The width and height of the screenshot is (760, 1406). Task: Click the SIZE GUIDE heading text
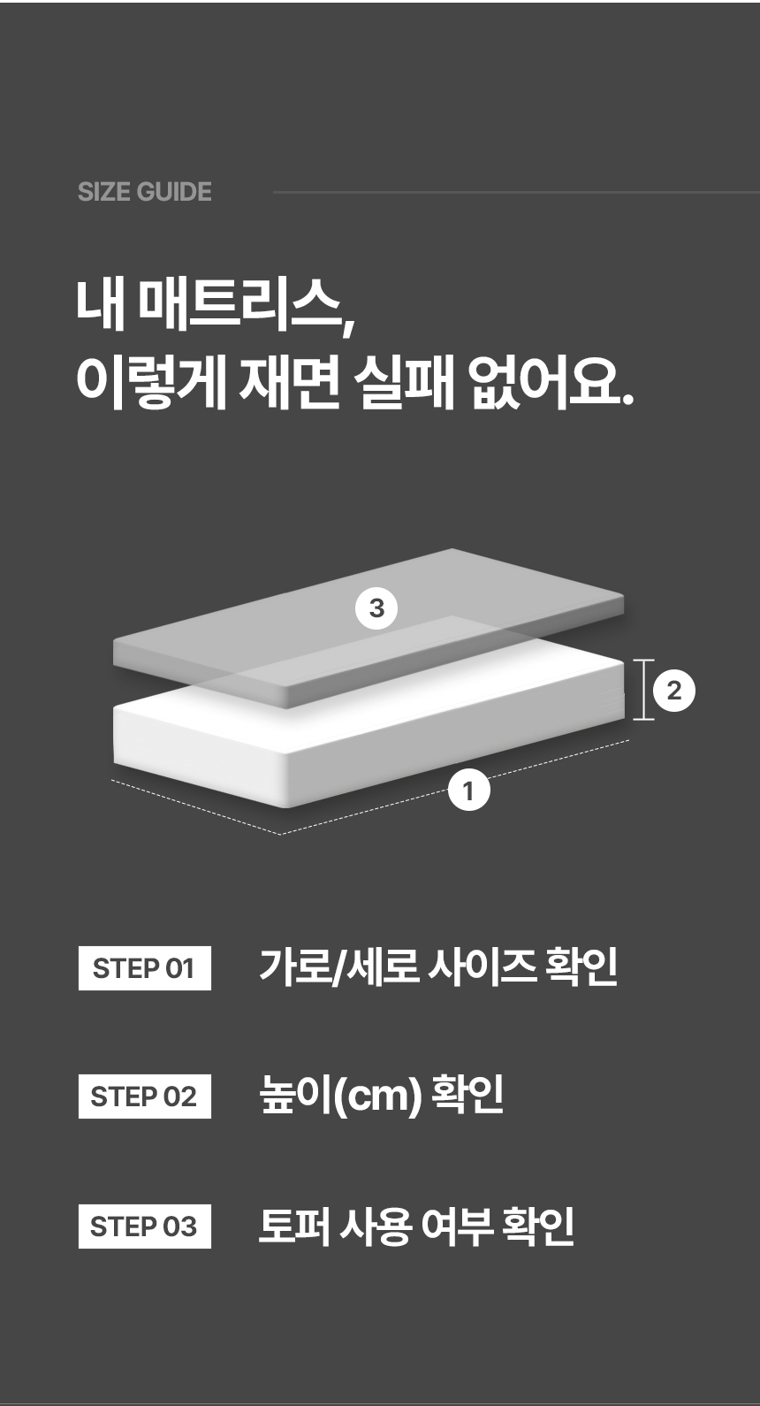point(144,192)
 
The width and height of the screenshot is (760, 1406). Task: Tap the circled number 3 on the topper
point(376,608)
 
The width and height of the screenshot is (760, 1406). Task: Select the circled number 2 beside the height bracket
point(674,691)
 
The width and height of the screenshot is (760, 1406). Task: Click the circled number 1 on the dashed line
point(468,790)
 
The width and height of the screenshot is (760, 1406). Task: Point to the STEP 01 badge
point(144,968)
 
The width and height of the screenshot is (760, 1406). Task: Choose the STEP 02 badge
point(144,1097)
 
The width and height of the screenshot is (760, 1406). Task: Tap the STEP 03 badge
point(144,1226)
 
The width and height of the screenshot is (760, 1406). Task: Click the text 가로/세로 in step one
point(339,967)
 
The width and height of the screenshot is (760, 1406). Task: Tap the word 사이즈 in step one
point(483,967)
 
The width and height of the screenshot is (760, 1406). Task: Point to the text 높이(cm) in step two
point(340,1096)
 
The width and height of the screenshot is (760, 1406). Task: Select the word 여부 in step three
point(457,1226)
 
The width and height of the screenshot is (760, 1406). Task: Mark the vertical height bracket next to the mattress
point(643,690)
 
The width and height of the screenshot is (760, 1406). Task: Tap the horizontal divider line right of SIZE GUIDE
point(516,192)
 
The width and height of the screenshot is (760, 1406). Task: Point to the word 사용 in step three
point(376,1226)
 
